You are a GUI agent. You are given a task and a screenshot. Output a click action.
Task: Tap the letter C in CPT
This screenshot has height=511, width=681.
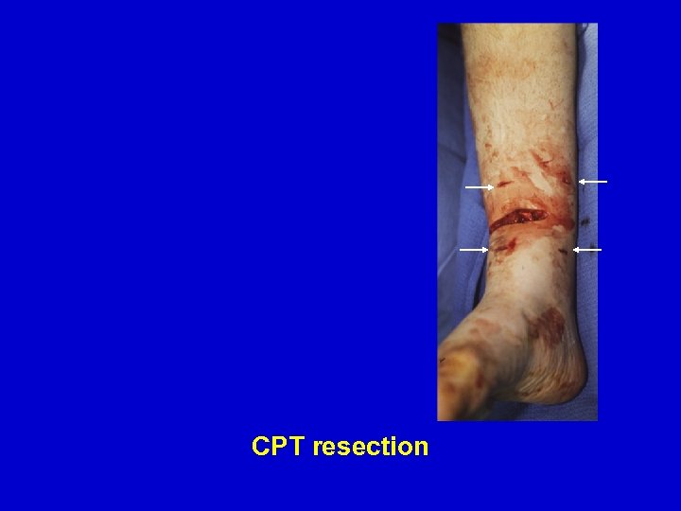click(260, 447)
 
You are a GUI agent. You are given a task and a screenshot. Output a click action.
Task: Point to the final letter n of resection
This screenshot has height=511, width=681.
click(422, 448)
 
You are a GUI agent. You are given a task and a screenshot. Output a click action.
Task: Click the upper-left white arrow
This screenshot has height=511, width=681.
click(479, 187)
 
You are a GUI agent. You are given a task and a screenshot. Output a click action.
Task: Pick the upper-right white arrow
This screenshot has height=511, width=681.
click(593, 181)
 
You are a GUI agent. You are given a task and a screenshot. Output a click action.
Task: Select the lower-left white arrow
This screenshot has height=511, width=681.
click(473, 249)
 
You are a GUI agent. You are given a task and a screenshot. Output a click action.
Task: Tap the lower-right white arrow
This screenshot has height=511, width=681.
click(587, 250)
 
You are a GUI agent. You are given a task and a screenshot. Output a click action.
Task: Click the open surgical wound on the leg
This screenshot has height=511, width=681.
click(520, 220)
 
